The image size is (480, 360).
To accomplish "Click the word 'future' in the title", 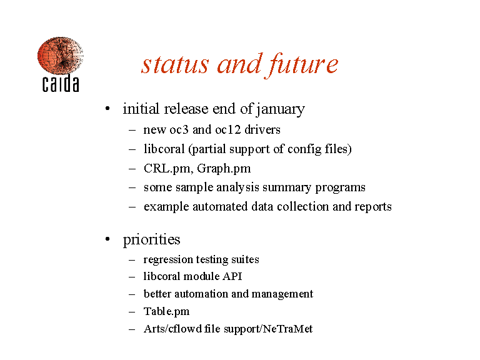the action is [x=302, y=65].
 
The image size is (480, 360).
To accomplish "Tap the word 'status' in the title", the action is [x=175, y=64].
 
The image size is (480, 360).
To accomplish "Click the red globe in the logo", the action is [x=60, y=56].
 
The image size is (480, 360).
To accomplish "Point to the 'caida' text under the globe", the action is [x=61, y=83].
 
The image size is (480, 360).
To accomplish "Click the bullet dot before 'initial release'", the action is [x=107, y=108].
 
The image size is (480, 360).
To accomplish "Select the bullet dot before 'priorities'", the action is [x=107, y=239].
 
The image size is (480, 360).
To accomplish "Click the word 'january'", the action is [x=280, y=109].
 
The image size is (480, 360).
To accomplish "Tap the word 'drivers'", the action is [x=262, y=130].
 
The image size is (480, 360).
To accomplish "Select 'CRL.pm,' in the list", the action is [x=169, y=169].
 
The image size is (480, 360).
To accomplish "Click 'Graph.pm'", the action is [x=224, y=169].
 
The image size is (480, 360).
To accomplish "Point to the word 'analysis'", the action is [x=237, y=187].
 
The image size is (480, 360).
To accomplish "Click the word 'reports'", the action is [x=373, y=207].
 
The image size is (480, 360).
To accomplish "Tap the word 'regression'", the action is [x=168, y=260].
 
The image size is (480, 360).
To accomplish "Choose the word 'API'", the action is [x=232, y=276].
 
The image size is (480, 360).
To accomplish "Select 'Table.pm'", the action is [x=166, y=311].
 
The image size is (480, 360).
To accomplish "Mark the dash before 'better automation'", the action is [x=132, y=294].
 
